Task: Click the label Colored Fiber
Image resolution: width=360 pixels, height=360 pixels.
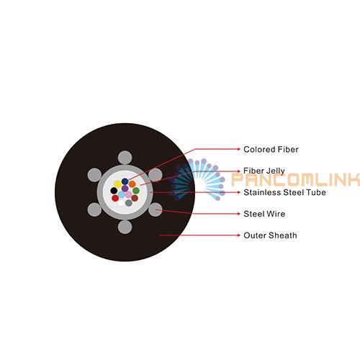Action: (271, 149)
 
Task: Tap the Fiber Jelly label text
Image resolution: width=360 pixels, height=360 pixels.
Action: (264, 171)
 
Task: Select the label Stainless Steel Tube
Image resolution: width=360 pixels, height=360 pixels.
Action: (284, 192)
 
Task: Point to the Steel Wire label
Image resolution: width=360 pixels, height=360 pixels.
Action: (264, 214)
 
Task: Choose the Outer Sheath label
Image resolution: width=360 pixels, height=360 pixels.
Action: (270, 235)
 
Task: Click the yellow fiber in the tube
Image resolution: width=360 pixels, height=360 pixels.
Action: (117, 184)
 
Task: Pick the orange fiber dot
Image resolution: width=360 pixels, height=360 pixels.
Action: (132, 184)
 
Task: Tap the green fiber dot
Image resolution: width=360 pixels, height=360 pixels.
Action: (136, 191)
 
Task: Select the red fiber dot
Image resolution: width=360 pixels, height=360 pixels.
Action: (115, 198)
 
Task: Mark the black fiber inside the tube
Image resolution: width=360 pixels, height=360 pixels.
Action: (114, 191)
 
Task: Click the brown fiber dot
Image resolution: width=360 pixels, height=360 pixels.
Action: (135, 198)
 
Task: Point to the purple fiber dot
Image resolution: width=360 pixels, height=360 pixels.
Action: (125, 189)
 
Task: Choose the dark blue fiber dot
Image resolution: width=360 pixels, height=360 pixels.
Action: (125, 181)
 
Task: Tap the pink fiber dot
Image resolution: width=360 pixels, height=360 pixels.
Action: (129, 194)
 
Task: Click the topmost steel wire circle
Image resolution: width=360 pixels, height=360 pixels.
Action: (125, 158)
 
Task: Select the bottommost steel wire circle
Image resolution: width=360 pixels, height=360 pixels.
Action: (125, 227)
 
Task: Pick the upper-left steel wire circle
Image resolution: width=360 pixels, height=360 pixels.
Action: (94, 175)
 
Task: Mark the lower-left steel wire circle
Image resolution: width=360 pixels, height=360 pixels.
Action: (94, 210)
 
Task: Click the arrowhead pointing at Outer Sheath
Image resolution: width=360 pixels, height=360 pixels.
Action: (238, 235)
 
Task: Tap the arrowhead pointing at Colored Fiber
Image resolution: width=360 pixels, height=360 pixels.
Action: (238, 149)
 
